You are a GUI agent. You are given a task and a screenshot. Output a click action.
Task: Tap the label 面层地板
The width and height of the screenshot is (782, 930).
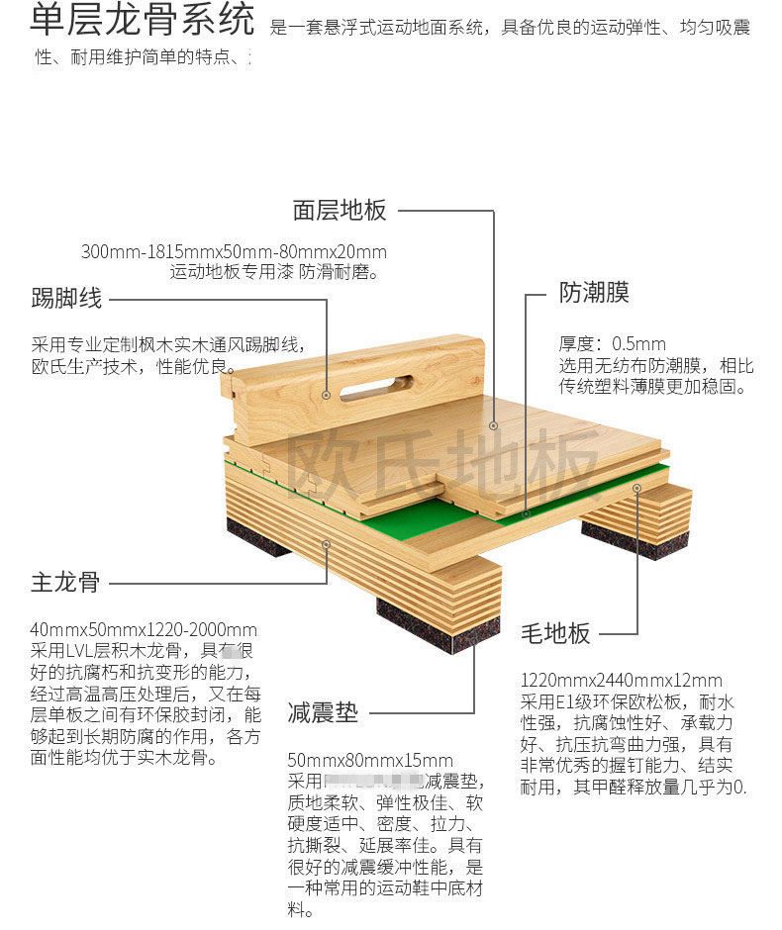(x=340, y=211)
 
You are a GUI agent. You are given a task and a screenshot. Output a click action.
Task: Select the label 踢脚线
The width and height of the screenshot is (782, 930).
(x=66, y=297)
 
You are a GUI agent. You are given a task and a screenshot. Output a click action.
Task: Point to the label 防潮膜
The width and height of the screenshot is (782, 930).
(x=594, y=294)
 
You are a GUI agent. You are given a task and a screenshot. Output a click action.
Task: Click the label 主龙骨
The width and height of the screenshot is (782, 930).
(x=65, y=582)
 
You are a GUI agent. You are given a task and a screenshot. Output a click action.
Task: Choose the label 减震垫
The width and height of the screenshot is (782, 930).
(x=323, y=712)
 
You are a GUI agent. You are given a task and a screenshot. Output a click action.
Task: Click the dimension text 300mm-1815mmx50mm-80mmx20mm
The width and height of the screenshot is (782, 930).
(x=234, y=252)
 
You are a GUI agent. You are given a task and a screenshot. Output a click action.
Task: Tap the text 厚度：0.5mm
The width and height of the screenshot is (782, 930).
(x=613, y=344)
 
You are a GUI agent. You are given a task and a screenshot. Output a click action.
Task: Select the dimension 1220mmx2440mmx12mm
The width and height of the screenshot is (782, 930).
(x=622, y=681)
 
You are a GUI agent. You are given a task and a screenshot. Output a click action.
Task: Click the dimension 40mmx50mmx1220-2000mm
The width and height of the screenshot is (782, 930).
(x=144, y=629)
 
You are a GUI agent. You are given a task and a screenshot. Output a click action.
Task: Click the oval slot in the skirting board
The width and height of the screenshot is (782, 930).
(x=376, y=385)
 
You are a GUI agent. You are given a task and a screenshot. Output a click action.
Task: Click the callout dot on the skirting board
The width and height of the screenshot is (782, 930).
(x=327, y=394)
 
